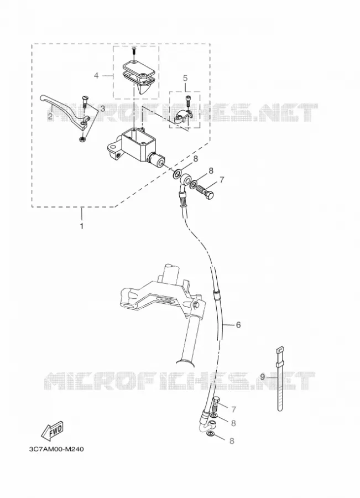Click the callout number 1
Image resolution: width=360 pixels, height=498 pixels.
click(x=82, y=226)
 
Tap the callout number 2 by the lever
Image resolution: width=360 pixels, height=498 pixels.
click(x=50, y=117)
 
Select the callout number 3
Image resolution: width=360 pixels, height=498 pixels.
click(x=102, y=108)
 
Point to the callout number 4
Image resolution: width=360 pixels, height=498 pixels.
click(x=96, y=76)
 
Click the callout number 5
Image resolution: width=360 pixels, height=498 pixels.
click(x=185, y=78)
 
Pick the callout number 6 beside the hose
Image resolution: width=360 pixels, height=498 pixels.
click(x=238, y=325)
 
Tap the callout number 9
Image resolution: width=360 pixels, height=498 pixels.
click(x=262, y=377)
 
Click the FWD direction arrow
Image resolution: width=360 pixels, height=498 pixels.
click(x=53, y=430)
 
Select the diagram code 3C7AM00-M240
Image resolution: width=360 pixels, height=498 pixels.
click(x=56, y=449)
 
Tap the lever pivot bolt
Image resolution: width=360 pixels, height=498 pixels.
click(x=85, y=102)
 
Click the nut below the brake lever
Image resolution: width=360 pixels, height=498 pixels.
click(x=82, y=139)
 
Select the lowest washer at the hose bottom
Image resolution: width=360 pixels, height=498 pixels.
click(x=210, y=434)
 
